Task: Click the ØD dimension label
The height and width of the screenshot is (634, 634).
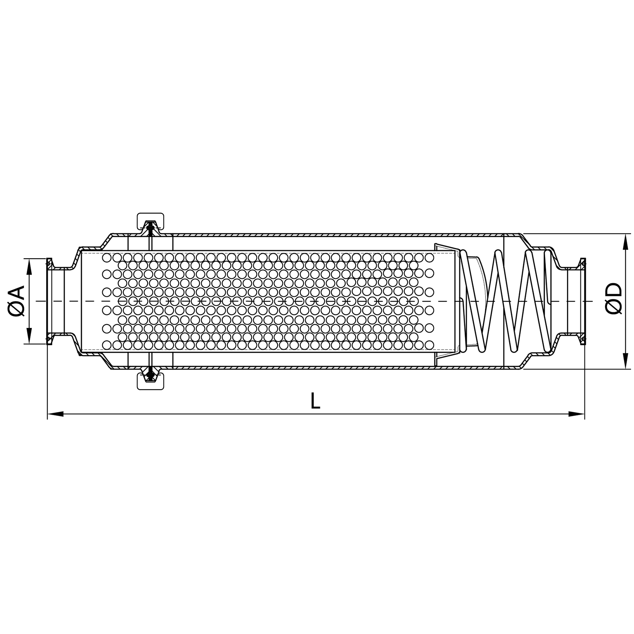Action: click(x=614, y=298)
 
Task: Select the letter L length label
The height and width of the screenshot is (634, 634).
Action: click(x=315, y=401)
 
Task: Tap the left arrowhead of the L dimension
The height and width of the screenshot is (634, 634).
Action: click(x=55, y=414)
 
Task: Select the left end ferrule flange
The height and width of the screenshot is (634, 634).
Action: click(x=49, y=301)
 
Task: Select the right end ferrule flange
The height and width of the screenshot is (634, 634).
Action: click(x=582, y=301)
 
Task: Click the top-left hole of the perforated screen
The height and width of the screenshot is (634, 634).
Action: click(x=107, y=257)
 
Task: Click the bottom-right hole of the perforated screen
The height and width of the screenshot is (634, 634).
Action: click(x=429, y=345)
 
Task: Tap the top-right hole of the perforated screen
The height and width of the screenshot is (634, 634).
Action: click(x=429, y=257)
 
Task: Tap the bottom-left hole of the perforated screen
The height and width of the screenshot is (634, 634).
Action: click(x=107, y=345)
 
